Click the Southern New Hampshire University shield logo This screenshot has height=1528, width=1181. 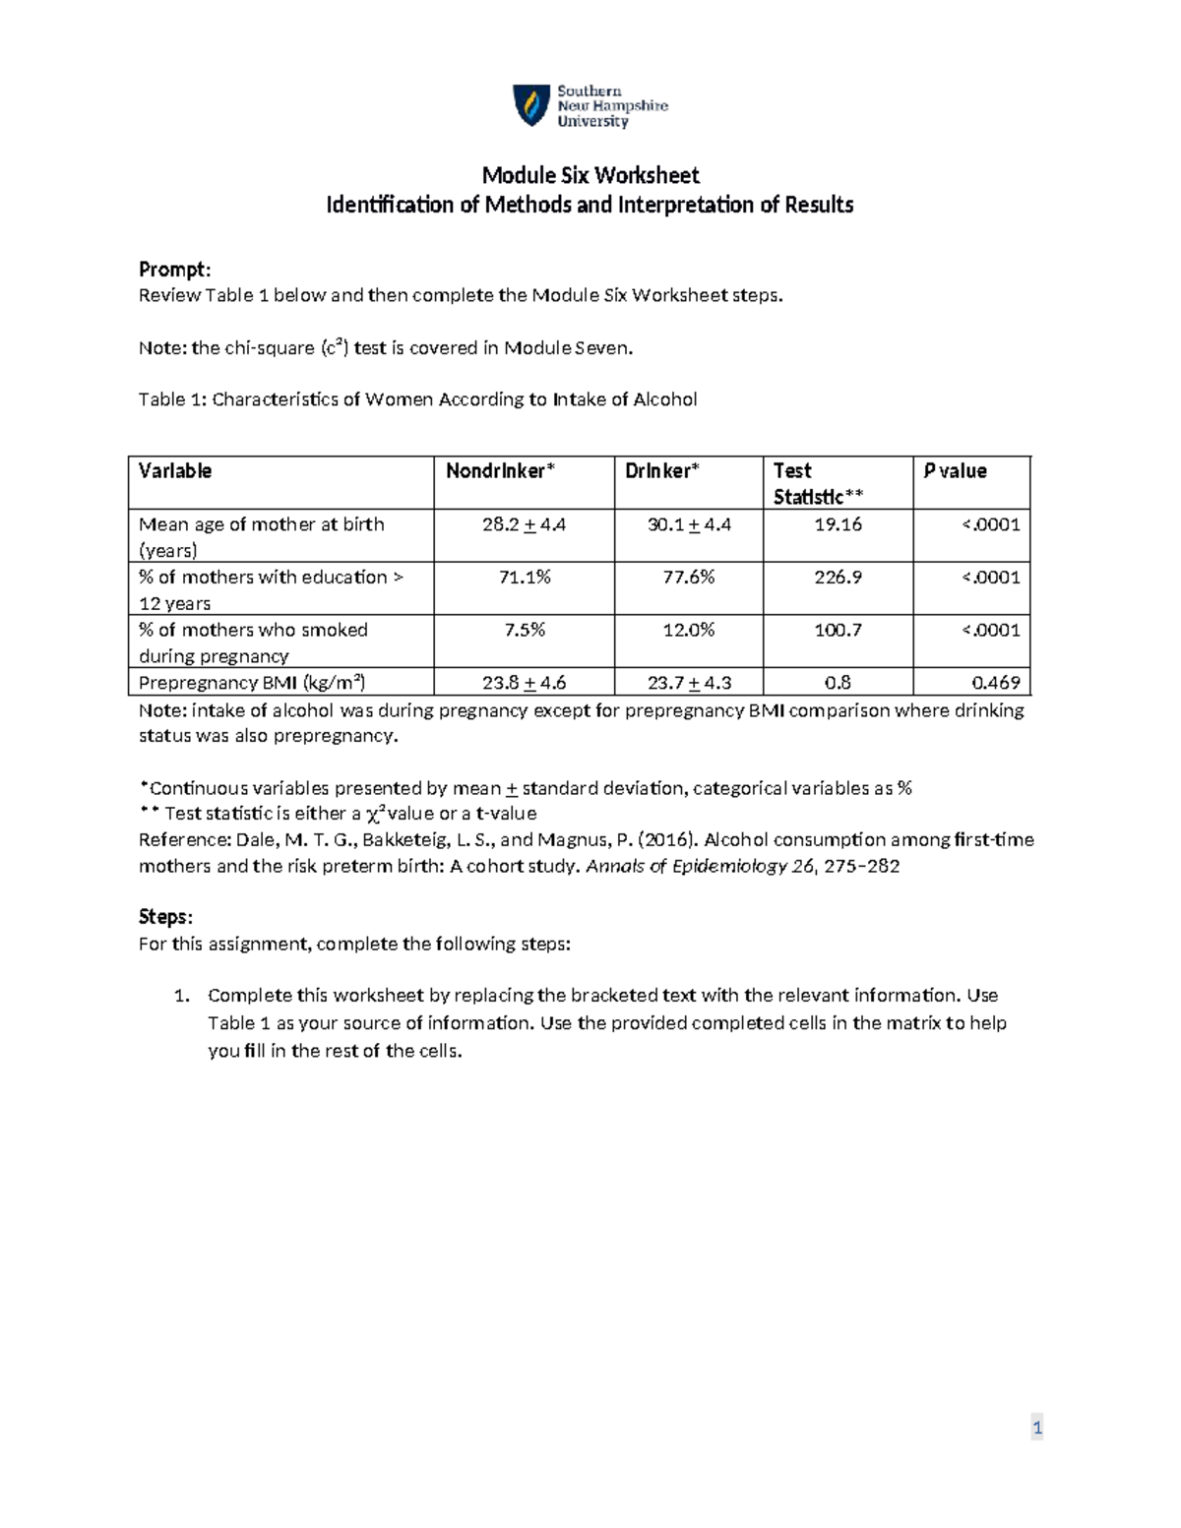pos(531,105)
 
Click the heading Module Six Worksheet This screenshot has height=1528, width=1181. pos(590,175)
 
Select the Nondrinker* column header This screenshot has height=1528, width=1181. pos(500,471)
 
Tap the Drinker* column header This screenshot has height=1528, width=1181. pos(661,471)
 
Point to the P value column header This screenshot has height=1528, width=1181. pos(955,471)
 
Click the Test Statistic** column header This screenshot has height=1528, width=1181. pos(818,484)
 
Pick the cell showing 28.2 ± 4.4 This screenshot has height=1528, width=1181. pos(524,524)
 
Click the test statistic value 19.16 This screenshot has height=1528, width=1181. pos(838,524)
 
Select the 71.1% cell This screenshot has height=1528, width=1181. pos(524,578)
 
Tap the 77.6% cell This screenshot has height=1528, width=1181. pos(688,578)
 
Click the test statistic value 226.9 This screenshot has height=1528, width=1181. pos(838,578)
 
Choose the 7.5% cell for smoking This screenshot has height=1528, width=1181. pos(524,630)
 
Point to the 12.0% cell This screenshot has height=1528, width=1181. pos(688,630)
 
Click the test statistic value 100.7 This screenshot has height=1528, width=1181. pos(838,630)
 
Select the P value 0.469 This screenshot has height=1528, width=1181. pos(995,682)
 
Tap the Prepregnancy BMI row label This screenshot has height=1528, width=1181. pos(252,682)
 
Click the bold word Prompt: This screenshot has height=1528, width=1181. pos(174,270)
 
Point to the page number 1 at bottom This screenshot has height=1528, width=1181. pos(1036,1428)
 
